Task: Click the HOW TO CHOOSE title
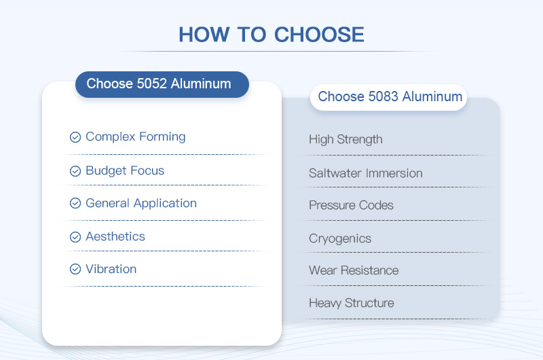[x=271, y=35]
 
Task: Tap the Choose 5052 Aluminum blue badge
[x=162, y=84]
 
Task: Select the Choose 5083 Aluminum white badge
[x=390, y=96]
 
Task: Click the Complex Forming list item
[x=135, y=137]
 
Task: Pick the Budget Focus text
[x=125, y=170]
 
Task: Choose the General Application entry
[x=141, y=203]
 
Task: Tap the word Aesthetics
[x=115, y=236]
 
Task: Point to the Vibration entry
[x=111, y=269]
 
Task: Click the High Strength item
[x=345, y=139]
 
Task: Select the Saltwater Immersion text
[x=365, y=173]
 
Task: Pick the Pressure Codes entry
[x=351, y=205]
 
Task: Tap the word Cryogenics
[x=340, y=238]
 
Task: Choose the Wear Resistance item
[x=354, y=270]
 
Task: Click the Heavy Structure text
[x=351, y=303]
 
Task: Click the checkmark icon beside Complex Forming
[x=75, y=137]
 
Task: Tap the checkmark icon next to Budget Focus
[x=75, y=171]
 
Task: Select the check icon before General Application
[x=75, y=204]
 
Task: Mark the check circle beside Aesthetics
[x=75, y=237]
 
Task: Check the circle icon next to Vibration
[x=75, y=270]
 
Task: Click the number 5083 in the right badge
[x=384, y=96]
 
